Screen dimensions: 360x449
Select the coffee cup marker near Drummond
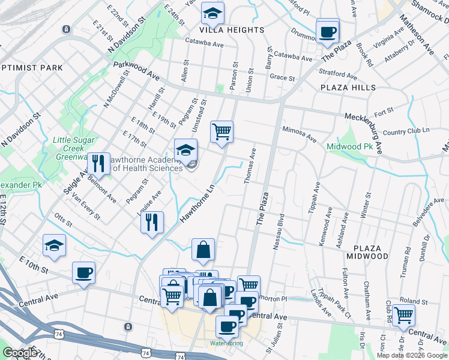click(328, 31)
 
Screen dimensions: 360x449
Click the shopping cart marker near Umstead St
click(221, 131)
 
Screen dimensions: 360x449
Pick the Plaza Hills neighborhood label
click(348, 88)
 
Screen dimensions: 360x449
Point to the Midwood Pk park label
click(350, 147)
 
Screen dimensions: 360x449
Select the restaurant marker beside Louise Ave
click(152, 221)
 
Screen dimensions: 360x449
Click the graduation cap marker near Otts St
click(54, 245)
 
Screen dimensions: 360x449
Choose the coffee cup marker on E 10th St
click(83, 273)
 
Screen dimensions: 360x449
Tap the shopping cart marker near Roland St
click(403, 314)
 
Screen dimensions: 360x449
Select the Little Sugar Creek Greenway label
click(73, 148)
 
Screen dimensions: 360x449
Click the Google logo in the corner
click(20, 353)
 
